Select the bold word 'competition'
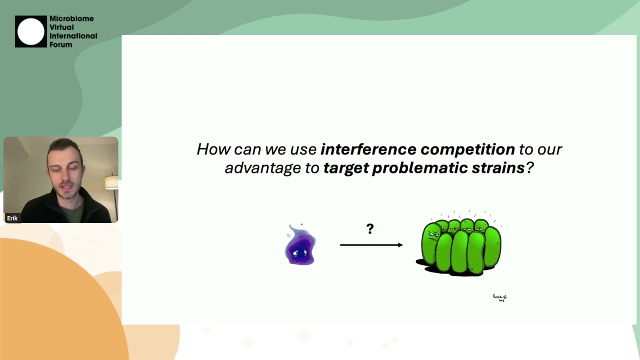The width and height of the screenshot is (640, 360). pos(467,149)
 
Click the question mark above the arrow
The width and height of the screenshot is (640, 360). pos(370,229)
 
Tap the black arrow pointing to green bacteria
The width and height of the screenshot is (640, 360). pos(371,245)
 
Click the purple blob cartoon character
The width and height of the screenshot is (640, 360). pos(300,246)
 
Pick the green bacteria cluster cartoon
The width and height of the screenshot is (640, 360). pos(459,246)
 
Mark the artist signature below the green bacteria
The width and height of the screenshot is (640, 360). pos(500,298)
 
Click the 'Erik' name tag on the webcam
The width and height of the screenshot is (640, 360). pos(12,218)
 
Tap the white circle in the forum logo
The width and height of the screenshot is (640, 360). pos(31,31)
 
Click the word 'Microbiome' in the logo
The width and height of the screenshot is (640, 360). pos(71,19)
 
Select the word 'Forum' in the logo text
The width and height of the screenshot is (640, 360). pos(60,45)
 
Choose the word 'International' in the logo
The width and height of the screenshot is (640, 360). pos(73,36)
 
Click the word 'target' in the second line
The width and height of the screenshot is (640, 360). pos(345,168)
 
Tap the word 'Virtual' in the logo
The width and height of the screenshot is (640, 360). pos(61,27)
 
